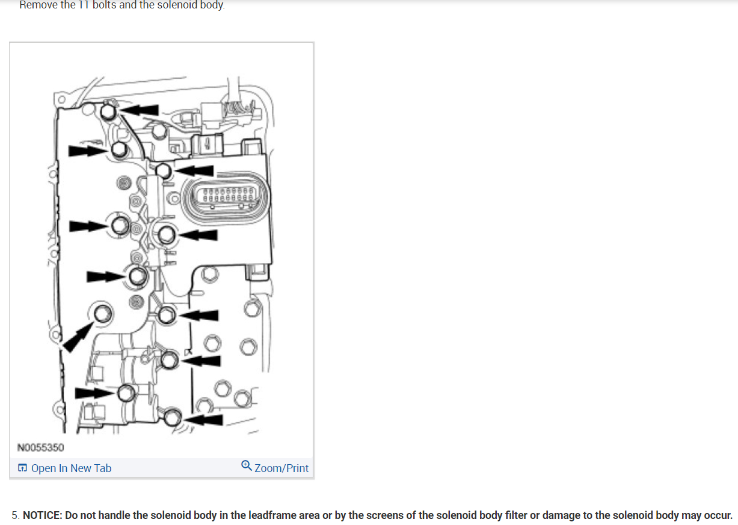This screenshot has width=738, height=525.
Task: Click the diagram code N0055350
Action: (41, 447)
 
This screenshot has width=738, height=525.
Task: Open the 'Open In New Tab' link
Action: (71, 468)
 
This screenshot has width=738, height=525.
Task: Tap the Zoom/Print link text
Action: (281, 468)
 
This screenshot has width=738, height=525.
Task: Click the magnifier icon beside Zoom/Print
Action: (246, 466)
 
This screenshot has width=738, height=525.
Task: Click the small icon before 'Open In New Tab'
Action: (23, 468)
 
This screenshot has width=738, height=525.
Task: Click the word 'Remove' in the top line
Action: (38, 5)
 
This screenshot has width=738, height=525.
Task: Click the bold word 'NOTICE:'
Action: (43, 515)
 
